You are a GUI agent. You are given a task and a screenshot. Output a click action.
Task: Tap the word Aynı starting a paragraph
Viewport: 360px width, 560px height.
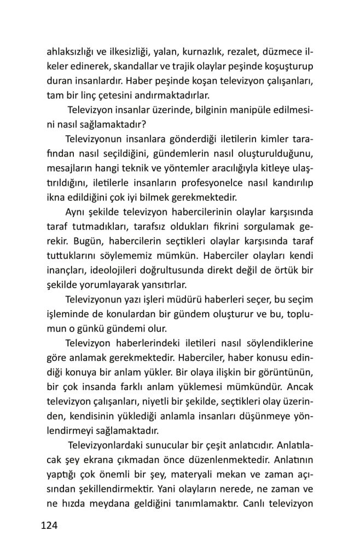[77, 211]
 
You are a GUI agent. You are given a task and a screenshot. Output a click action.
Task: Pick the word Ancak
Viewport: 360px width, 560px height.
[299, 386]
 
